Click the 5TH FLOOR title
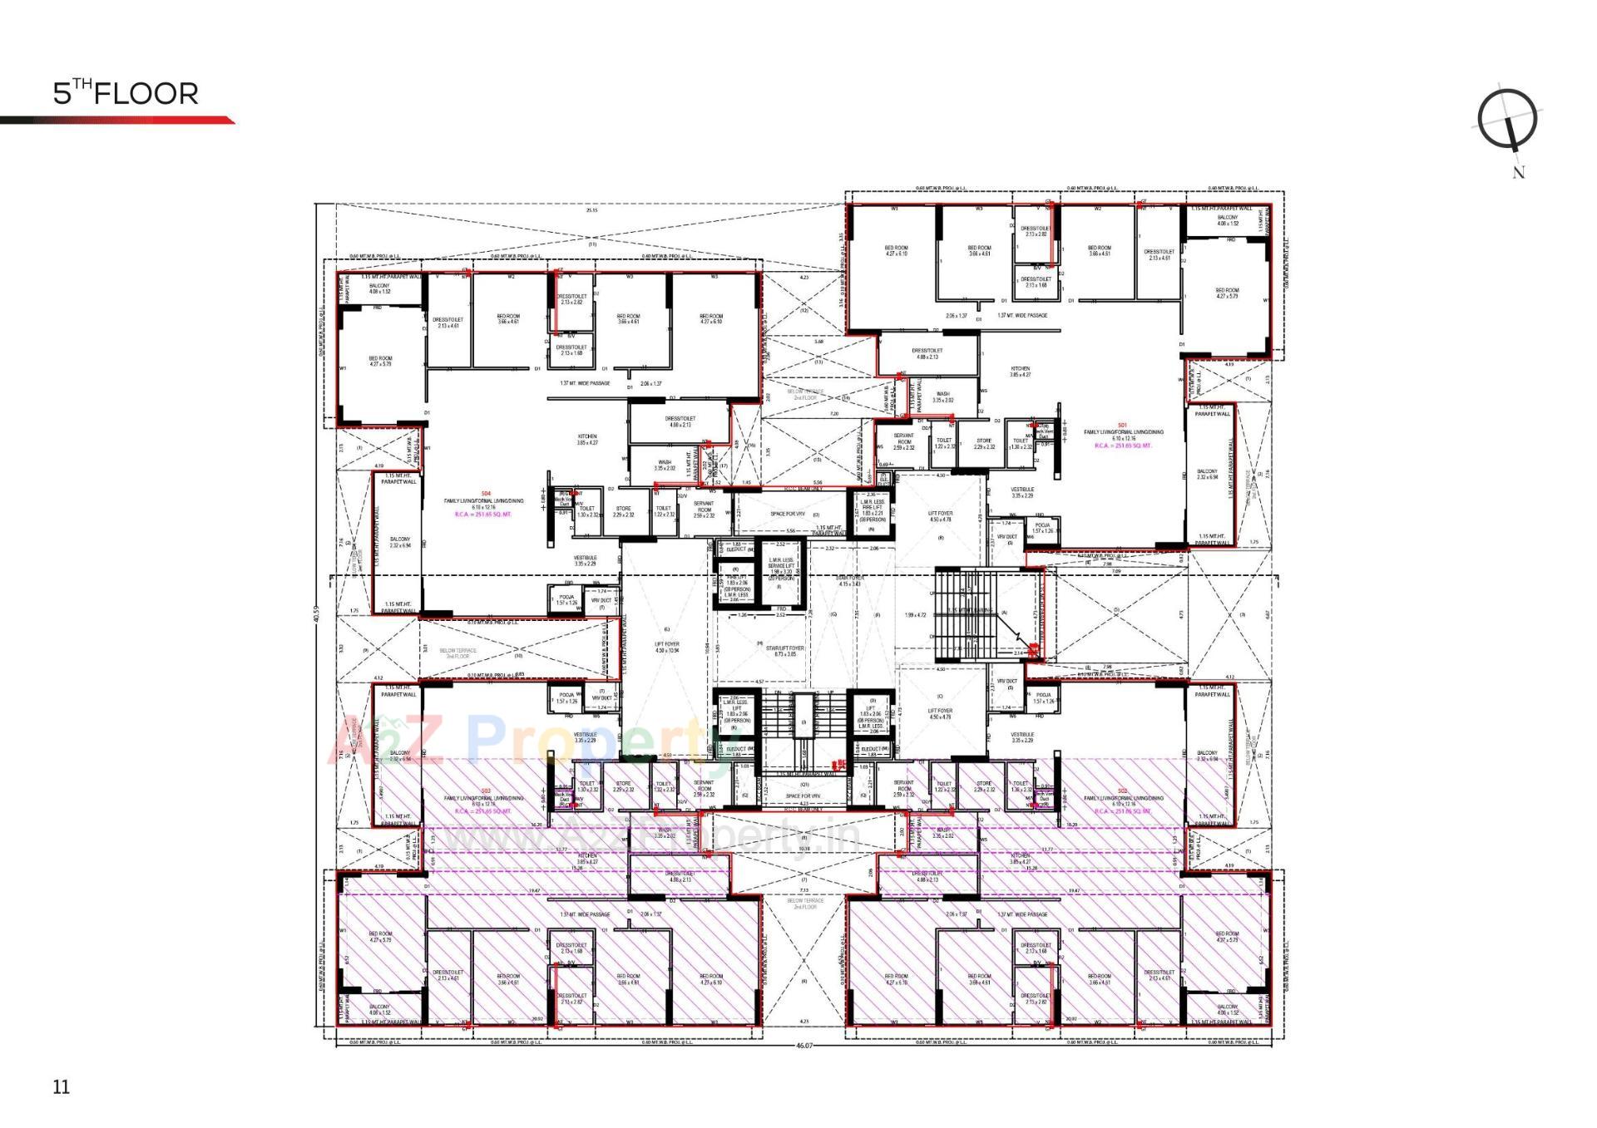pyautogui.click(x=126, y=93)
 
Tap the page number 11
pyautogui.click(x=62, y=1086)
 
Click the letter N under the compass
pyautogui.click(x=1519, y=173)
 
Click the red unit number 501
pyautogui.click(x=1122, y=426)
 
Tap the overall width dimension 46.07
pyautogui.click(x=803, y=1046)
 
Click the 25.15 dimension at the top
pyautogui.click(x=591, y=210)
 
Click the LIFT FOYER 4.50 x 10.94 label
pyautogui.click(x=667, y=647)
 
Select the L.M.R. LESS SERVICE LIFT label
pyautogui.click(x=782, y=566)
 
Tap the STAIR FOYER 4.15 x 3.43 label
pyautogui.click(x=849, y=580)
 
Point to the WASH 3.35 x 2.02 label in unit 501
pyautogui.click(x=942, y=397)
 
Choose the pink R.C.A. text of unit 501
pyautogui.click(x=1123, y=446)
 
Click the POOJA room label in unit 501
pyautogui.click(x=1043, y=528)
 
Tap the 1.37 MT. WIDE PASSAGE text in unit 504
pyautogui.click(x=585, y=384)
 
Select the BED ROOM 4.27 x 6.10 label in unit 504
pyautogui.click(x=711, y=319)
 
